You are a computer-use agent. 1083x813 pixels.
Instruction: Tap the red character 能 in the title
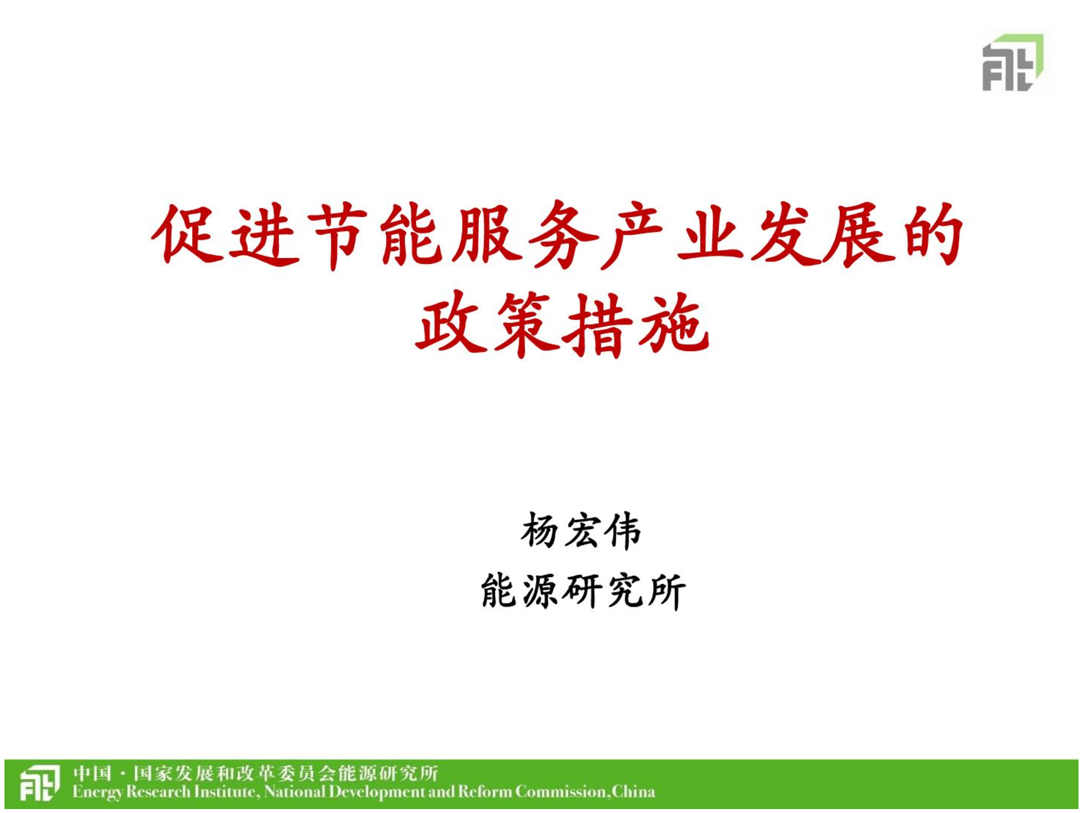pyautogui.click(x=410, y=234)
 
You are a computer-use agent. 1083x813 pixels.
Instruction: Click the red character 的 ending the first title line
pyautogui.click(x=934, y=234)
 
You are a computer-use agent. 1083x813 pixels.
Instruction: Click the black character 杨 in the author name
pyautogui.click(x=540, y=532)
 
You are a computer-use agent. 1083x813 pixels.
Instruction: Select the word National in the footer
pyautogui.click(x=294, y=793)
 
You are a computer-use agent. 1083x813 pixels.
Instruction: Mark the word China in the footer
pyautogui.click(x=633, y=793)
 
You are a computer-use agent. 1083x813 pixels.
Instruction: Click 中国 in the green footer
pyautogui.click(x=92, y=774)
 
